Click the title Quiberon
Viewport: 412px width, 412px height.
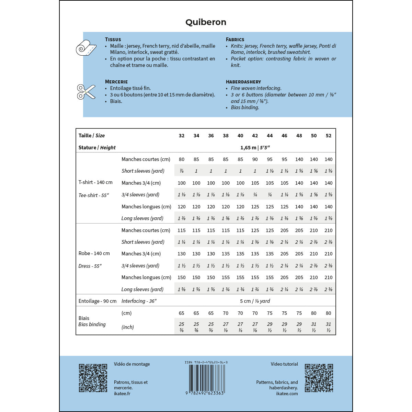point(206,22)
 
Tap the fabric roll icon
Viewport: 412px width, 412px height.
point(86,48)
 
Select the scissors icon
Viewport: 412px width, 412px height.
point(86,92)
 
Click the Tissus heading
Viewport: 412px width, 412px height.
point(113,39)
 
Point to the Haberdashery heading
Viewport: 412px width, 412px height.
point(243,82)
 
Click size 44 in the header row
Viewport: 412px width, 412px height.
point(270,136)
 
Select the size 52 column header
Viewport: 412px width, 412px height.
point(329,136)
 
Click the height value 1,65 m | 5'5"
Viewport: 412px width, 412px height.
point(255,148)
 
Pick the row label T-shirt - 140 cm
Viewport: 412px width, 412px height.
point(95,182)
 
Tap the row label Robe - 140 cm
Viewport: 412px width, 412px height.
point(94,253)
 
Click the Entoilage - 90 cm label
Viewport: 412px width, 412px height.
point(98,301)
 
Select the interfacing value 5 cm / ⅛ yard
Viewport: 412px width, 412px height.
point(255,301)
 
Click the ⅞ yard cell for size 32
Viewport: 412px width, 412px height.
point(182,171)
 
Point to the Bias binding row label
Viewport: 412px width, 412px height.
point(92,324)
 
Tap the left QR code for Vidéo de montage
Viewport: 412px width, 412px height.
point(93,378)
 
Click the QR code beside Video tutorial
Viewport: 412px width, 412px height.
point(319,378)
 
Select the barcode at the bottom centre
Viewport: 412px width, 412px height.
point(206,378)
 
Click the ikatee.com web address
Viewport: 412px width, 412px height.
point(287,394)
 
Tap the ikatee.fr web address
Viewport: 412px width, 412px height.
point(122,394)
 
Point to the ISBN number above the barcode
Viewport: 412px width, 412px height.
point(206,363)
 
